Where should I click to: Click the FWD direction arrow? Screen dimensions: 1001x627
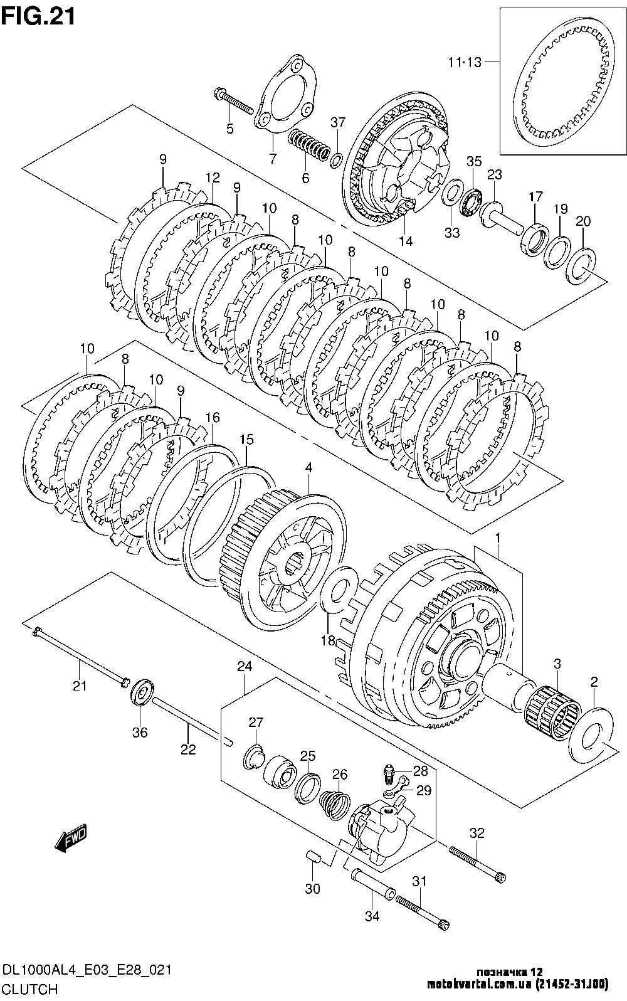click(70, 838)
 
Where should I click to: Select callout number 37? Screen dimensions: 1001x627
click(338, 123)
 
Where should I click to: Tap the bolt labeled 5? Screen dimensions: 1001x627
click(235, 102)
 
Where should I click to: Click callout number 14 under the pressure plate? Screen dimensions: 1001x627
click(406, 241)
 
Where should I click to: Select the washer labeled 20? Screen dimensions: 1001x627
click(586, 263)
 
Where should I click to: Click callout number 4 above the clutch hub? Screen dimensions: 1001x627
click(308, 467)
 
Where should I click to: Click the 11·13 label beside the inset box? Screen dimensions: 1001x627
click(465, 62)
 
